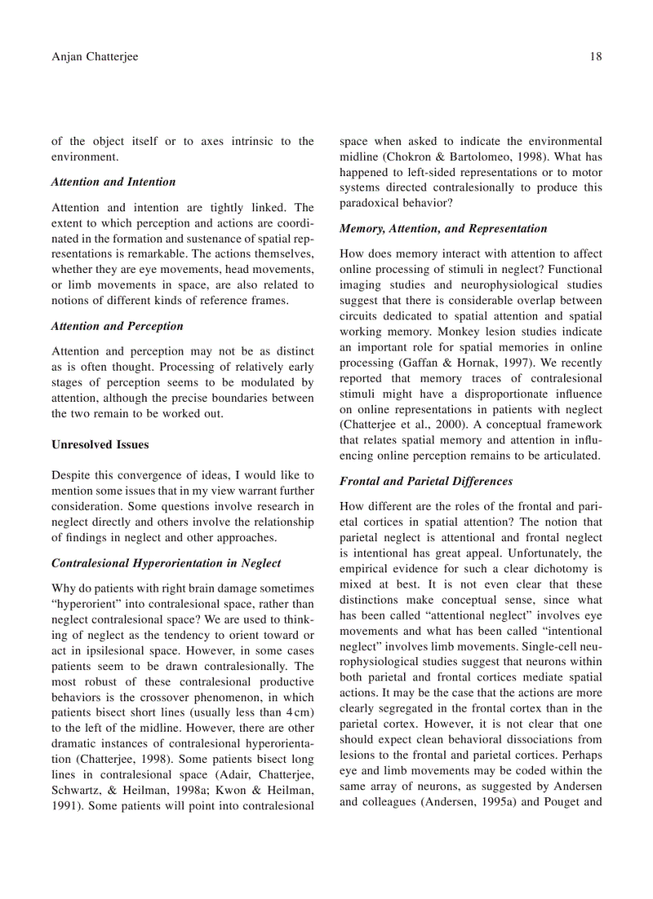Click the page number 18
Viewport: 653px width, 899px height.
pyautogui.click(x=595, y=57)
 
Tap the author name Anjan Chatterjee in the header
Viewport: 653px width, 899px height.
pyautogui.click(x=94, y=57)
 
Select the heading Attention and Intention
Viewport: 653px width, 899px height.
pyautogui.click(x=113, y=182)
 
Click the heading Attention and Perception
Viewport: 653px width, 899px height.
pyautogui.click(x=117, y=326)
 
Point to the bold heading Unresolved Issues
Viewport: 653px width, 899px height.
pyautogui.click(x=100, y=444)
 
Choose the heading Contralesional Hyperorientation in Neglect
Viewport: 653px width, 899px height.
pyautogui.click(x=166, y=563)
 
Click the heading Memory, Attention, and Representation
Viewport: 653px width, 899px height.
pyautogui.click(x=443, y=228)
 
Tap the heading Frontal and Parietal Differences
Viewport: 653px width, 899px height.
pyautogui.click(x=426, y=481)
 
